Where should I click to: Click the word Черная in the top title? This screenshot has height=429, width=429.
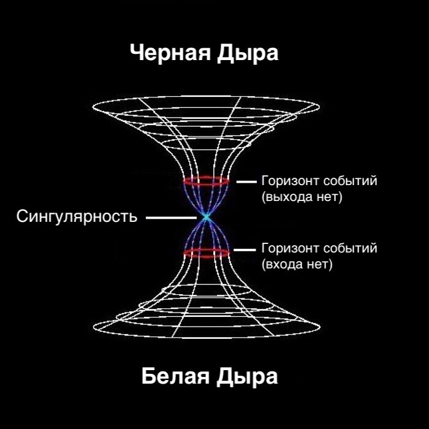(x=170, y=53)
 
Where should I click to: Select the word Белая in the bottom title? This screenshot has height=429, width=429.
(x=175, y=375)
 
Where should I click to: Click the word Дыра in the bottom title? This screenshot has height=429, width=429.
(x=248, y=375)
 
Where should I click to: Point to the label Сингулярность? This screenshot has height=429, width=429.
(x=77, y=216)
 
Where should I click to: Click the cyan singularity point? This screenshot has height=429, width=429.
(x=207, y=217)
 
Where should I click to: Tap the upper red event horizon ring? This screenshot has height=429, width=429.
(x=207, y=181)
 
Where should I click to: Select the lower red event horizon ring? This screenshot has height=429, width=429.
(x=207, y=252)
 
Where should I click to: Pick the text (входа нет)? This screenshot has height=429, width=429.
(x=297, y=265)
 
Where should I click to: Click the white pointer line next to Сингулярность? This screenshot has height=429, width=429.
(x=170, y=217)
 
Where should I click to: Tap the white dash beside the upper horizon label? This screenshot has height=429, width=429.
(x=246, y=182)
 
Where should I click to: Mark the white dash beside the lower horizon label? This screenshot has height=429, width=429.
(x=246, y=249)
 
